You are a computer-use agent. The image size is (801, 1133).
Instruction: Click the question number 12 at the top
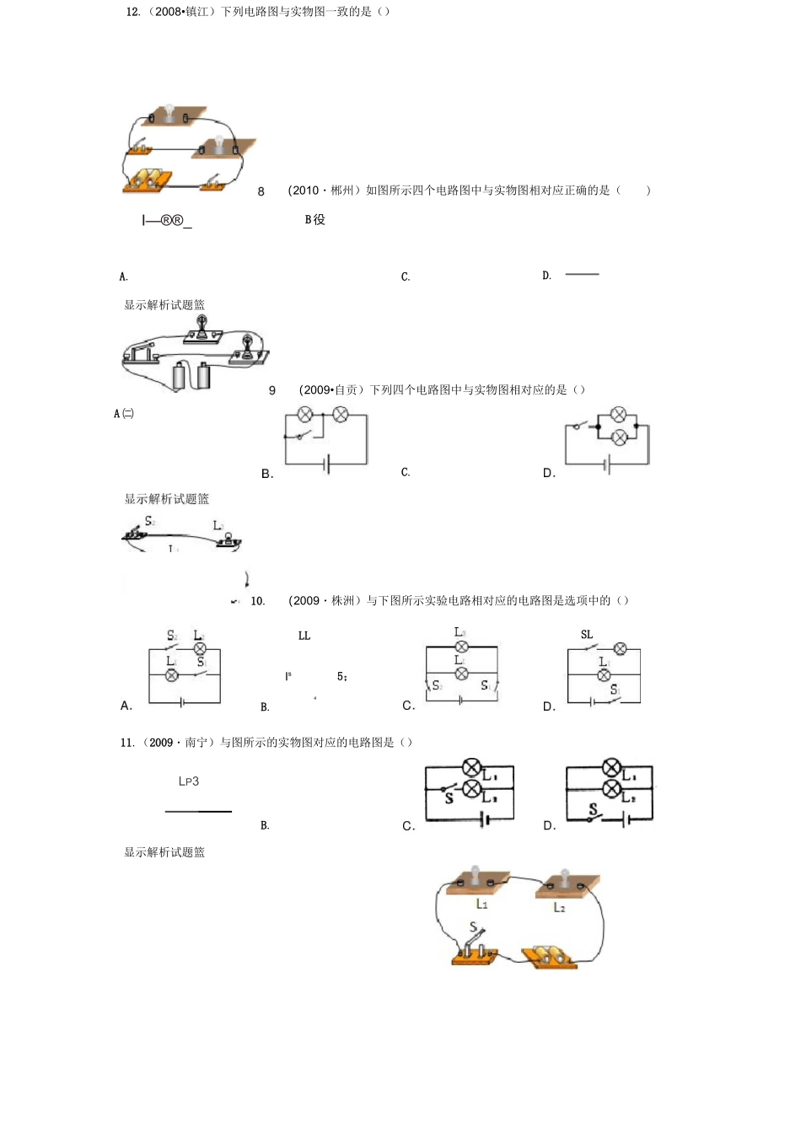point(132,12)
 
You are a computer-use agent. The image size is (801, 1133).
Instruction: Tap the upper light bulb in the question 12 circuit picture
point(169,113)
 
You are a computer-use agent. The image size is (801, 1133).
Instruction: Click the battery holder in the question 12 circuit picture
point(148,180)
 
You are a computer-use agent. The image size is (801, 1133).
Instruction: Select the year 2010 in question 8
point(304,191)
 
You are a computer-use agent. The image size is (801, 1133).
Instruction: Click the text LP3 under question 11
point(189,781)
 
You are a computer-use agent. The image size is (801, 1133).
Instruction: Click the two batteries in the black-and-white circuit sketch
point(191,375)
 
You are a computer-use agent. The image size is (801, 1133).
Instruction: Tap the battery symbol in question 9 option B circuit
point(327,464)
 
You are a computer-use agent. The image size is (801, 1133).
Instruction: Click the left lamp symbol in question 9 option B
point(305,414)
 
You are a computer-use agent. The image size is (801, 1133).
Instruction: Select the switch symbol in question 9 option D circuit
point(580,425)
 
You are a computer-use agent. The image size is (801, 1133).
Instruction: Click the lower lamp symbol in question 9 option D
point(619,437)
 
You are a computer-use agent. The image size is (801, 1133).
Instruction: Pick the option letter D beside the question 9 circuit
point(549,474)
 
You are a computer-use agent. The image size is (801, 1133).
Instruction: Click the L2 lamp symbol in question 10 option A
point(200,648)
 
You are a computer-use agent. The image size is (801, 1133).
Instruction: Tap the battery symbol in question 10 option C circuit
point(460,700)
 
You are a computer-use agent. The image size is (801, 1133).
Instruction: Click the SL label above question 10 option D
point(587,635)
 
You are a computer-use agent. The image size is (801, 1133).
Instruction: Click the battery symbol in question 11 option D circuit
point(625,819)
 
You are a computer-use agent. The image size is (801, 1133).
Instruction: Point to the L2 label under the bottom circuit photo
point(559,907)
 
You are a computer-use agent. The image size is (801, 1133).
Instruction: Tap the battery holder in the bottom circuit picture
point(548,956)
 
